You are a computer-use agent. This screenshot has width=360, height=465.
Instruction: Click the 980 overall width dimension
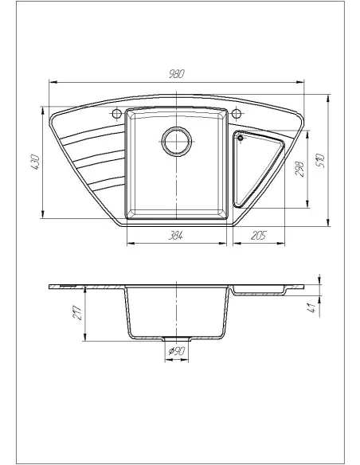tap(176, 73)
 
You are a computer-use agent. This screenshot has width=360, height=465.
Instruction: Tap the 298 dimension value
tap(299, 170)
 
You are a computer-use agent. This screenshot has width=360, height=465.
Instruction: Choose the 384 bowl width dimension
tap(177, 236)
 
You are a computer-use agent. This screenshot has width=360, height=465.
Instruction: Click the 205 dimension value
tap(256, 236)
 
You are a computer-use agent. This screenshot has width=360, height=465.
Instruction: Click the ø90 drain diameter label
tap(178, 351)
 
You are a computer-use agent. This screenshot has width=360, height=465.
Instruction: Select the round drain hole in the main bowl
tap(177, 142)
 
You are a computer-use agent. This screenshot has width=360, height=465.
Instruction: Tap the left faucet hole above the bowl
tap(118, 114)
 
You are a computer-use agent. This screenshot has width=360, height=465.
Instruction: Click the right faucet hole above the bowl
tap(237, 114)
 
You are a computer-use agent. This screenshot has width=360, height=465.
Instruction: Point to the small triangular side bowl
tap(260, 163)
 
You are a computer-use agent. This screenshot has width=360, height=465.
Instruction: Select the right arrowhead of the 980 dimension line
tap(304, 80)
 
